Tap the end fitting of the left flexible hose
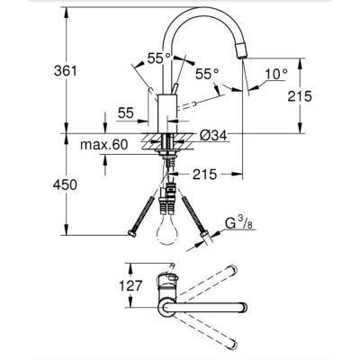coord(133,235)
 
